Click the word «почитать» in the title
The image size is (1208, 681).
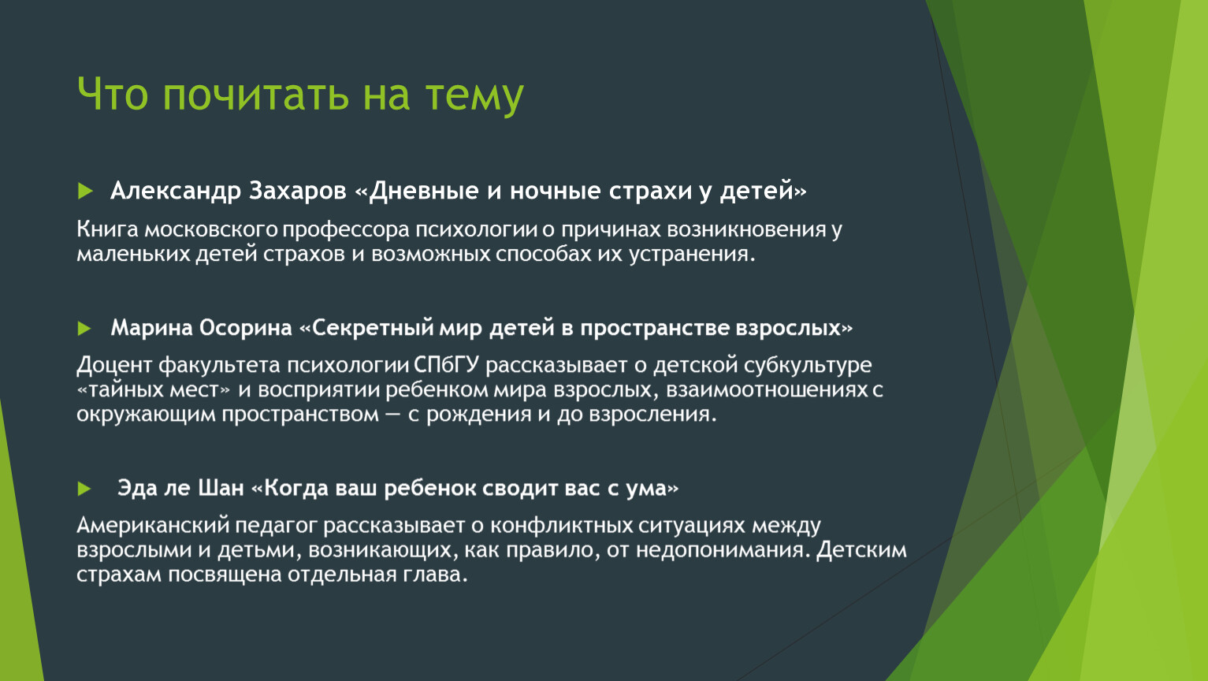click(255, 95)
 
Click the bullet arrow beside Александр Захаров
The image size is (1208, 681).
click(85, 191)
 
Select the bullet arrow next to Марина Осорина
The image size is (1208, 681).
click(84, 328)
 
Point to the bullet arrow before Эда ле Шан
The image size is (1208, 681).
click(84, 489)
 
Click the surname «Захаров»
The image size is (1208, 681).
click(298, 191)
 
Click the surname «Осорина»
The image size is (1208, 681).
click(245, 328)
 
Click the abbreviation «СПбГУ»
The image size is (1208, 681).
click(446, 365)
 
